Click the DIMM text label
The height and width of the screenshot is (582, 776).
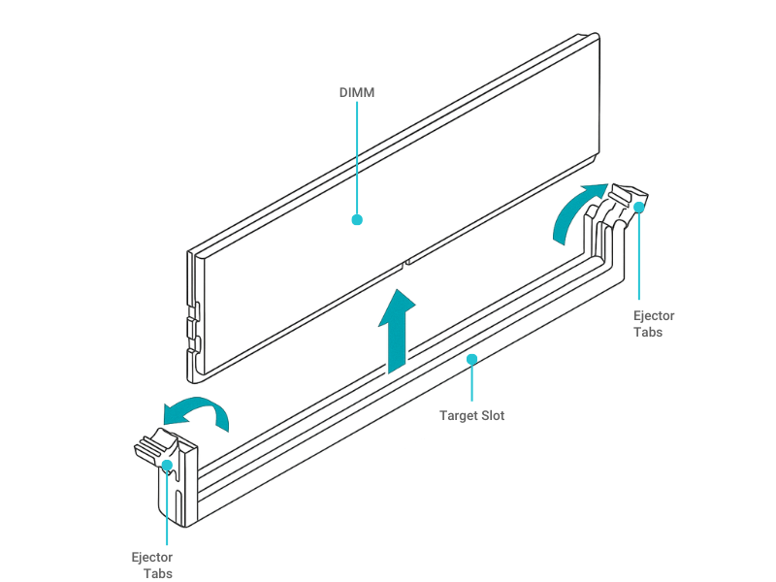pyautogui.click(x=356, y=93)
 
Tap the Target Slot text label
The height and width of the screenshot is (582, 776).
pyautogui.click(x=471, y=415)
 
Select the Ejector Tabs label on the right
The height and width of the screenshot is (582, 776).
pyautogui.click(x=653, y=324)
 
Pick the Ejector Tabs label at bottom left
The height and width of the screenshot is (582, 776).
pyautogui.click(x=152, y=565)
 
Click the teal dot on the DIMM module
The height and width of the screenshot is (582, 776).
pyautogui.click(x=357, y=220)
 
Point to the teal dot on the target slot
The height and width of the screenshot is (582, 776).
pyautogui.click(x=471, y=359)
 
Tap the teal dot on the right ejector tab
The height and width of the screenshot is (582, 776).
pyautogui.click(x=638, y=207)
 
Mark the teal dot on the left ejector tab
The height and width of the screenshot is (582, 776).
pyautogui.click(x=168, y=466)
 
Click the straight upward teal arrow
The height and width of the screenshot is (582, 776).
pyautogui.click(x=398, y=330)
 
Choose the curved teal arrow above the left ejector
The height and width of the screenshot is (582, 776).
pyautogui.click(x=198, y=411)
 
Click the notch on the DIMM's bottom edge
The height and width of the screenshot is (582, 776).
pyautogui.click(x=404, y=261)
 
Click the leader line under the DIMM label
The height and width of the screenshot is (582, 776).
pyautogui.click(x=357, y=155)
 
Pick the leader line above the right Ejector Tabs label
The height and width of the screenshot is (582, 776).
pyautogui.click(x=638, y=257)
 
